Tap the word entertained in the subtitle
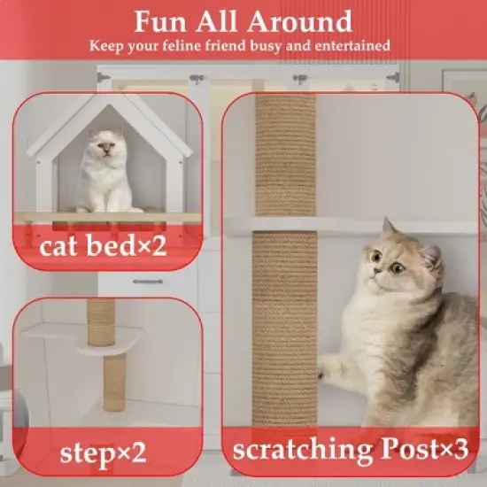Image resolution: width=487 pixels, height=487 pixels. click(345, 44)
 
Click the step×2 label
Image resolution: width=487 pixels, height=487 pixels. click(103, 452)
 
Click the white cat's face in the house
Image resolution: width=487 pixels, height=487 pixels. click(105, 144)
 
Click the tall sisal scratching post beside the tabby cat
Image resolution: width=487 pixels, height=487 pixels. click(286, 266)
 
